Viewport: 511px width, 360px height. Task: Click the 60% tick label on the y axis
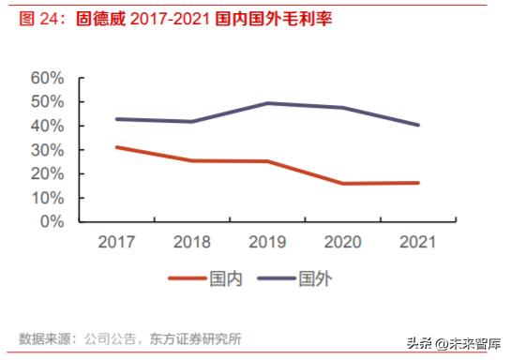(47, 78)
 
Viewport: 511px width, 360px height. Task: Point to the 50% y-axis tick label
(47, 102)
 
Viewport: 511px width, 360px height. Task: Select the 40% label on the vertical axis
(47, 126)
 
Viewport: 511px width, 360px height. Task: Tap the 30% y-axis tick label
(47, 150)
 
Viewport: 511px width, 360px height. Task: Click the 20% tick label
(47, 174)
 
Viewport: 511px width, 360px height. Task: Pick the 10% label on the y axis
(47, 199)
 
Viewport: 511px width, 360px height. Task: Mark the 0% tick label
(52, 222)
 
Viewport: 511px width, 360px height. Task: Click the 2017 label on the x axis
(116, 242)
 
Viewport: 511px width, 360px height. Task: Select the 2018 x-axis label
(191, 242)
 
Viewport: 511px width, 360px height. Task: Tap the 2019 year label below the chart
(267, 242)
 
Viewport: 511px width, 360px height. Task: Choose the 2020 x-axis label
(343, 242)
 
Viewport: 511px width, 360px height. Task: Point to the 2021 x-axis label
(418, 242)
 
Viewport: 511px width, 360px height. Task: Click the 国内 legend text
(227, 278)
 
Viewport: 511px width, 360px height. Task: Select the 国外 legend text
(315, 278)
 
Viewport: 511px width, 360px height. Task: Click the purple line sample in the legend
(275, 278)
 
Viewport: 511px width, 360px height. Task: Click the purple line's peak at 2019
(267, 103)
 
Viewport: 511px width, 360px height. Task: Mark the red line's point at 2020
(343, 183)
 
